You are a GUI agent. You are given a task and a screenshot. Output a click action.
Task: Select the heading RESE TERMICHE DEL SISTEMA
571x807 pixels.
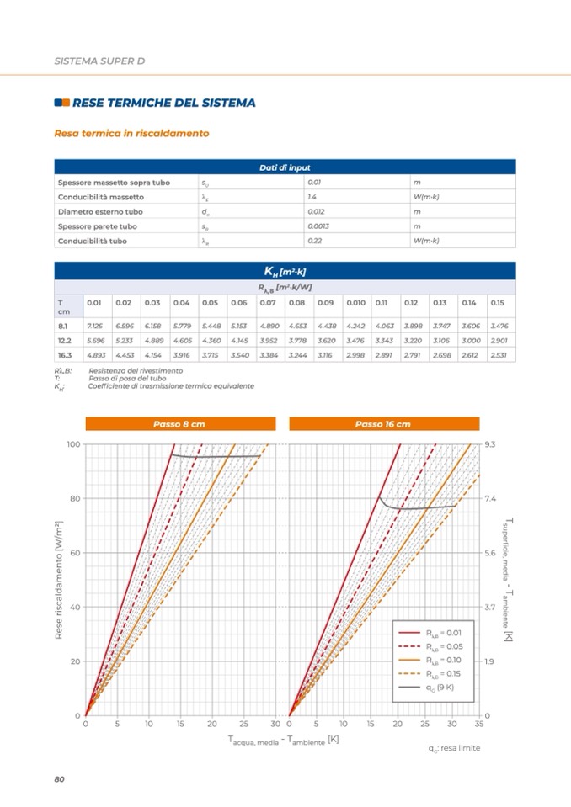tap(164, 103)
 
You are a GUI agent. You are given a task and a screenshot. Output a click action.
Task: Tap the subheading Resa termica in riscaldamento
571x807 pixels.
tap(131, 133)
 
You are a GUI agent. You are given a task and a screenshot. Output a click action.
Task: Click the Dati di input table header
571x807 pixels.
tap(285, 167)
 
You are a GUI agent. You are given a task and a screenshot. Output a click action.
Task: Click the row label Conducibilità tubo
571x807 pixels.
tap(93, 242)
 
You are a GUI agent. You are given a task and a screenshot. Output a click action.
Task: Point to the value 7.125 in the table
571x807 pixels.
tap(94, 325)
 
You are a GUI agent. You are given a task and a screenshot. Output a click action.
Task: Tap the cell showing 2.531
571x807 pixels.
tap(498, 355)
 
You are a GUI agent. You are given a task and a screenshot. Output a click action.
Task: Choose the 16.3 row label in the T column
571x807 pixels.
tap(64, 355)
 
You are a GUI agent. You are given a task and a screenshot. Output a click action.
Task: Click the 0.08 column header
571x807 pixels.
tap(296, 302)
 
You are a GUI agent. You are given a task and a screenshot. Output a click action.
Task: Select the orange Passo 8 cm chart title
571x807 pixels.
tap(179, 424)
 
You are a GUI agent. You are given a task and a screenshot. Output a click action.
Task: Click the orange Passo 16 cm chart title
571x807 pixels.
tap(383, 424)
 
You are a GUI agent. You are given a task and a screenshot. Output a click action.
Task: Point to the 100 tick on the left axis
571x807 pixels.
tap(73, 443)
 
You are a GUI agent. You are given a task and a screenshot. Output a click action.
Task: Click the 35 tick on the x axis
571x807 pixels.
tap(479, 724)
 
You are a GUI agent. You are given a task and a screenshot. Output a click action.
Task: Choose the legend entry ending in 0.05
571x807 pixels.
tap(444, 646)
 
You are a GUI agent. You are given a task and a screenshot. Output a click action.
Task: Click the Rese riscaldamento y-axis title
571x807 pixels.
tap(59, 581)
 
